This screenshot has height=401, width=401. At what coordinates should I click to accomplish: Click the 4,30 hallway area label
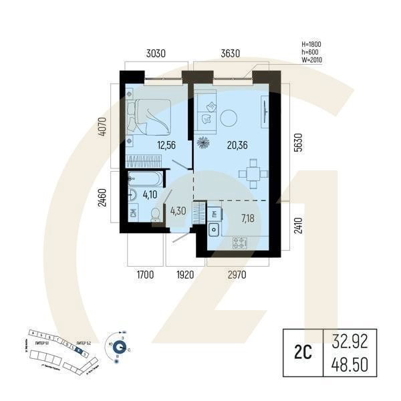(x=178, y=212)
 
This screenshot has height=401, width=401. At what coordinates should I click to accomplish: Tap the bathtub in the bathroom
(x=144, y=178)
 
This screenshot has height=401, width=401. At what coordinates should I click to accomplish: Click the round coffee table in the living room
(x=229, y=116)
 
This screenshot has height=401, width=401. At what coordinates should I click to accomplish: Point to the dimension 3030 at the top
(x=155, y=53)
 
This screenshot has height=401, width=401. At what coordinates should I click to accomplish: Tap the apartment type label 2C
(x=300, y=352)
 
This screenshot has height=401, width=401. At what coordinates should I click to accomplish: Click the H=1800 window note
(x=312, y=43)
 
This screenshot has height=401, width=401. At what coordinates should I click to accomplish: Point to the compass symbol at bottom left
(x=120, y=346)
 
